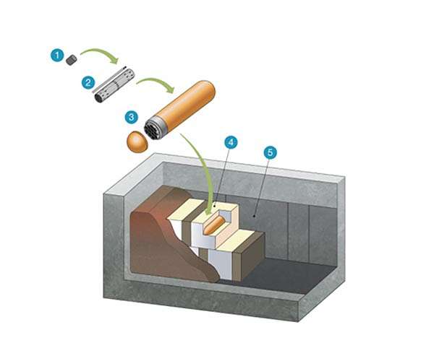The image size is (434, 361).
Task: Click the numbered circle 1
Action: pyautogui.click(x=57, y=56)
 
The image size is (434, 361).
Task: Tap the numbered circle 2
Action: pyautogui.click(x=88, y=82)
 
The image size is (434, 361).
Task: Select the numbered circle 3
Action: pyautogui.click(x=132, y=118)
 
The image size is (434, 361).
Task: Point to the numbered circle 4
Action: pyautogui.click(x=231, y=142)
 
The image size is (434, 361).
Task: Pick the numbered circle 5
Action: pyautogui.click(x=270, y=152)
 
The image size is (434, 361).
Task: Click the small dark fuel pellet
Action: pyautogui.click(x=72, y=60)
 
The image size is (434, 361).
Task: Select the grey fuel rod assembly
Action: pyautogui.click(x=114, y=86)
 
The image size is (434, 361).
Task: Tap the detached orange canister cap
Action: pyautogui.click(x=137, y=142)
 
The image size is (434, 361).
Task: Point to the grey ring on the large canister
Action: pyautogui.click(x=161, y=124)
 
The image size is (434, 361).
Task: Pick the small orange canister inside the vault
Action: pyautogui.click(x=214, y=226)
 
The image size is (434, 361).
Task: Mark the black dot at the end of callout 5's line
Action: pyautogui.click(x=254, y=216)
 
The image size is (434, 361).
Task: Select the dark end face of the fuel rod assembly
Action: pyautogui.click(x=99, y=97)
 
